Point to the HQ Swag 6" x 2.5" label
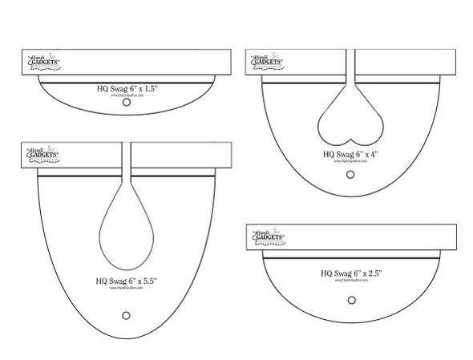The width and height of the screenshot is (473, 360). click(x=352, y=273)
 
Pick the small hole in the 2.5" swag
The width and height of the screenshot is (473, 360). click(x=351, y=300)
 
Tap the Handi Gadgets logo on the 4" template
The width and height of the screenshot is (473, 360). click(x=265, y=62)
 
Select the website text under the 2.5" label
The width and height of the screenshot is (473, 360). click(x=352, y=281)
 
